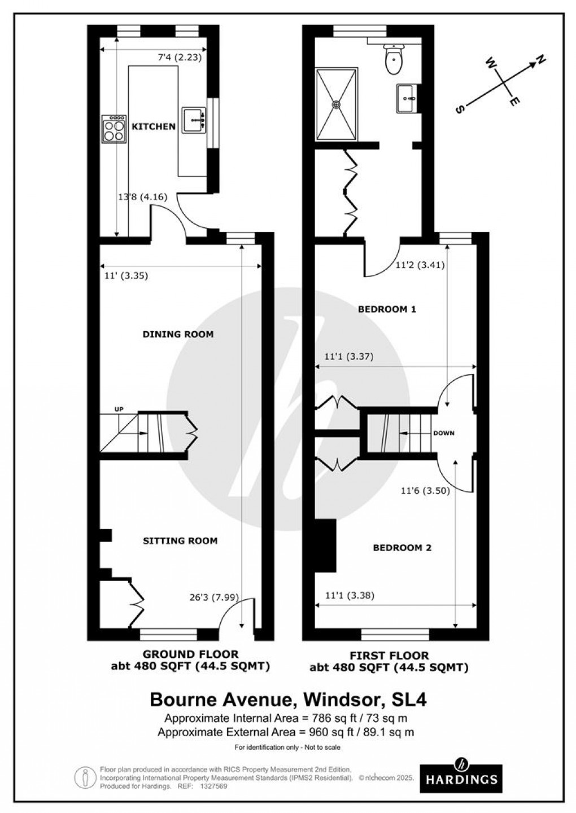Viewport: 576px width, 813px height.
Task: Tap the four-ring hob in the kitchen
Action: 114,129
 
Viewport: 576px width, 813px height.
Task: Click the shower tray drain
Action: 337,104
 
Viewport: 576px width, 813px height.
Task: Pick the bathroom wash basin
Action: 407,99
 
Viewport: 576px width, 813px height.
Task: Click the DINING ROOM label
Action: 178,334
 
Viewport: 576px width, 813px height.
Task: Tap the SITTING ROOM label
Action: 180,540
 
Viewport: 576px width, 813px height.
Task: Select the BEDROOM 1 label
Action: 387,309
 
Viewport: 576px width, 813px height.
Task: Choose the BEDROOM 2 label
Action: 402,547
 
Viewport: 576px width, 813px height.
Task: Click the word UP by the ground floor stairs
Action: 119,409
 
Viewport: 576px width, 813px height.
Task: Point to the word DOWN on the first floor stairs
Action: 444,433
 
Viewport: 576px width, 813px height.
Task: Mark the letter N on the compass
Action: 540,59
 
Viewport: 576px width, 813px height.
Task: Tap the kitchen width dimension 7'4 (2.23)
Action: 180,57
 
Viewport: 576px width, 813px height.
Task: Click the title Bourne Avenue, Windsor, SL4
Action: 288,700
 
